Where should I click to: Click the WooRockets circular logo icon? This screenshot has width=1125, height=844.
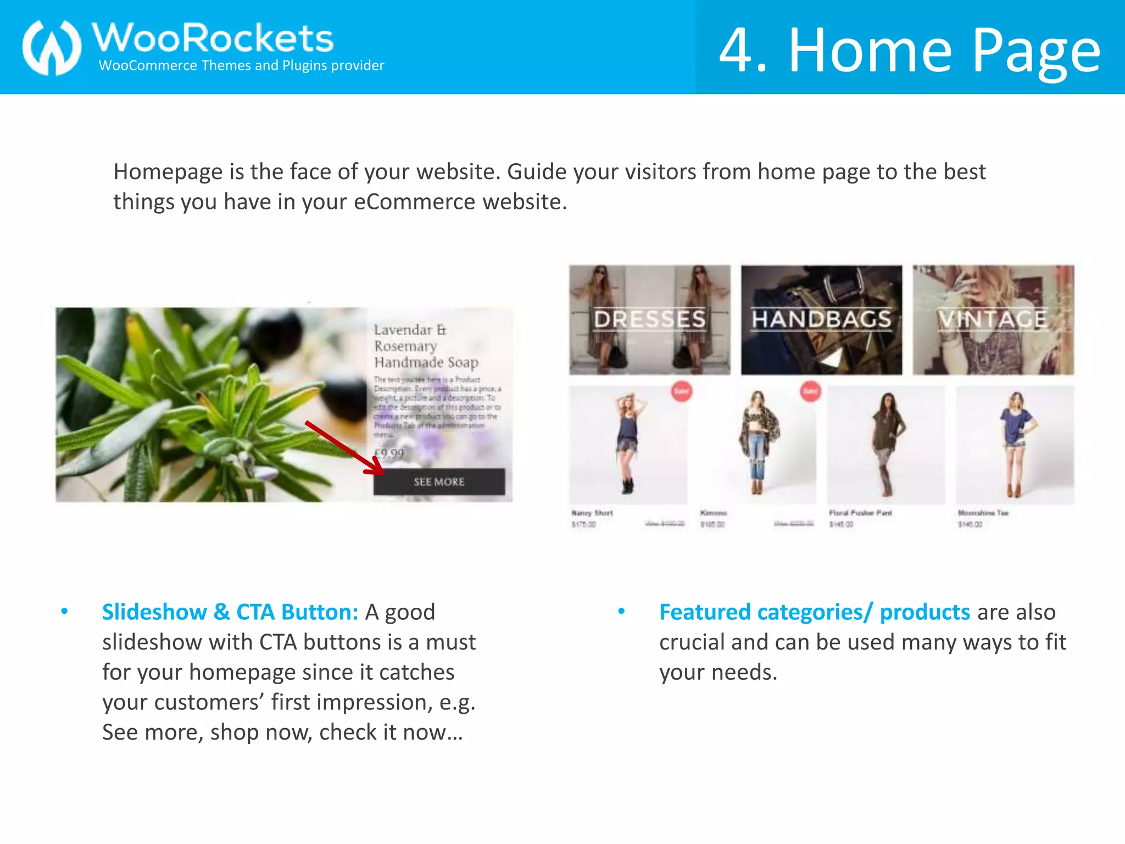point(52,47)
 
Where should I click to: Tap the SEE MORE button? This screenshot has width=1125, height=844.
point(439,482)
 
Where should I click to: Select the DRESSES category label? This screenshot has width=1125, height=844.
point(649,319)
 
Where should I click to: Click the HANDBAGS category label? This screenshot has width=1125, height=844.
point(821,319)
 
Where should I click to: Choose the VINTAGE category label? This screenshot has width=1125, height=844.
point(993,319)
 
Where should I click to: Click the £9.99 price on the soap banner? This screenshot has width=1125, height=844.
point(389,453)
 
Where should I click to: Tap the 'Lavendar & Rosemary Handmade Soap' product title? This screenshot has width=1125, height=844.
point(426,346)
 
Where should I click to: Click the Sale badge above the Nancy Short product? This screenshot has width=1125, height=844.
point(682,391)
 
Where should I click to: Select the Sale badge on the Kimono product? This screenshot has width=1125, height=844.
point(810,391)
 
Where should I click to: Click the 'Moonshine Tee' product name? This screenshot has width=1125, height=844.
point(983,513)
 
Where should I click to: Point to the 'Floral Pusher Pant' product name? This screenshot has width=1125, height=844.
point(860,513)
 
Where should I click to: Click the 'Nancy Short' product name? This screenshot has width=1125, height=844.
point(592,513)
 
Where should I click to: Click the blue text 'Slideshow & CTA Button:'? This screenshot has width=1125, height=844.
point(230,612)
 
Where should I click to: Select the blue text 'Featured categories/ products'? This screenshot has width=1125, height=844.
point(814,612)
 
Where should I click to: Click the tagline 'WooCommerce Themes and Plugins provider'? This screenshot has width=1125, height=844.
point(241,65)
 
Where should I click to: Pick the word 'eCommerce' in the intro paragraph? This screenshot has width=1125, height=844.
point(414,202)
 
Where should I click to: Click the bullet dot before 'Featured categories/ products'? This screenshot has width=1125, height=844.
point(621,611)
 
